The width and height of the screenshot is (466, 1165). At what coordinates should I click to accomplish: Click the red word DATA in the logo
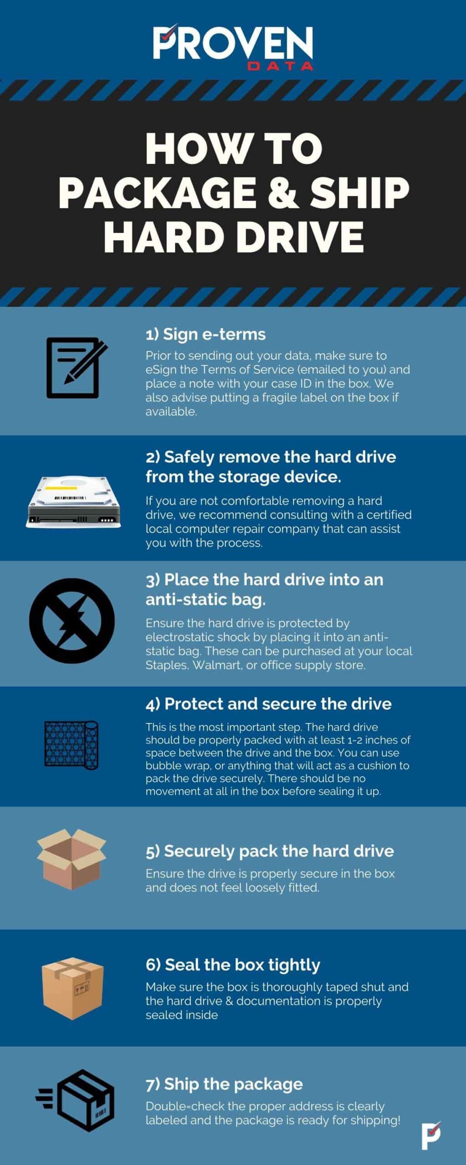[280, 66]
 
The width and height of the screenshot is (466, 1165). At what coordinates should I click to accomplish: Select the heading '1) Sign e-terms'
[205, 334]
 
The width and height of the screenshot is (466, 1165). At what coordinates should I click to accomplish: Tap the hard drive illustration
[73, 502]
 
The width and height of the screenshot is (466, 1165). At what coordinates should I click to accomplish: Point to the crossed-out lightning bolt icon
[71, 621]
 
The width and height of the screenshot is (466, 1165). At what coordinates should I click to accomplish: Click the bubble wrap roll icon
[71, 745]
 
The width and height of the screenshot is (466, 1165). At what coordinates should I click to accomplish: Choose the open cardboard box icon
[71, 858]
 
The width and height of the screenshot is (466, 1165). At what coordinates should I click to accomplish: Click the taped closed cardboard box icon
[72, 989]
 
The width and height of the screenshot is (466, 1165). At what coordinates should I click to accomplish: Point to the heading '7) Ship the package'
[224, 1084]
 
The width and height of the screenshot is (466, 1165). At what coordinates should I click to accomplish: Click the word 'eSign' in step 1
[160, 370]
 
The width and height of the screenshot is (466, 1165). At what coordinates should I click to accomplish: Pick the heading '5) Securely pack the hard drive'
[269, 851]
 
